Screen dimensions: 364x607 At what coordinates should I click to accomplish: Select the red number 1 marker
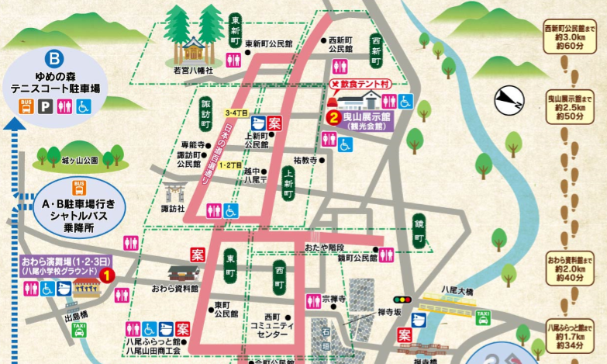click(x=109, y=274)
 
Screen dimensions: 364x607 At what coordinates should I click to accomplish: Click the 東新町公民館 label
click(x=269, y=44)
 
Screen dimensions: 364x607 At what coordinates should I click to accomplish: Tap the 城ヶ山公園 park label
click(x=79, y=161)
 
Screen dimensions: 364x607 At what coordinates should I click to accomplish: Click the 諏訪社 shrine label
click(x=173, y=209)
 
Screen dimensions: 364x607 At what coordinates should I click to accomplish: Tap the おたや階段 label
click(x=324, y=247)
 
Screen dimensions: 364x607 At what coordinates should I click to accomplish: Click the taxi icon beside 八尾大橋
click(x=482, y=316)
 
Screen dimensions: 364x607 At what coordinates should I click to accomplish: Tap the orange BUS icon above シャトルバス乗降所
click(x=78, y=187)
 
